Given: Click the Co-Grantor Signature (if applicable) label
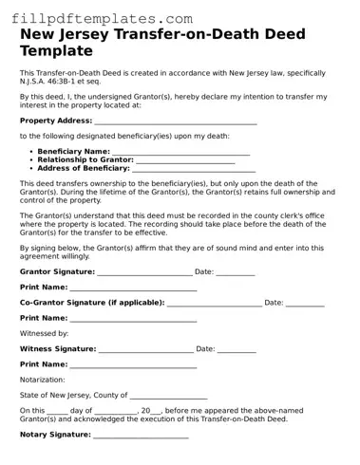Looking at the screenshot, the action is point(92,303).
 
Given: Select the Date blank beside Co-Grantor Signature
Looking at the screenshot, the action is point(305,303).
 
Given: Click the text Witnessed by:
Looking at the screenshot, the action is point(44,334).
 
